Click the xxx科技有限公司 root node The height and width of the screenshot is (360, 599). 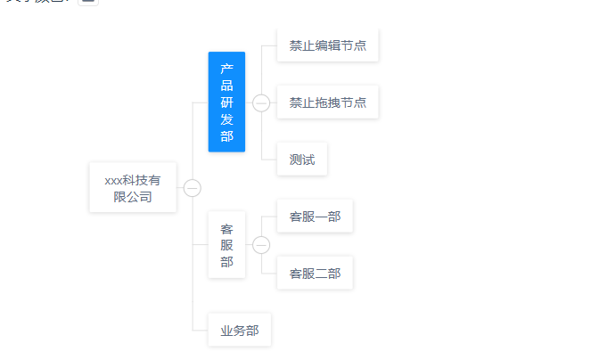(x=133, y=188)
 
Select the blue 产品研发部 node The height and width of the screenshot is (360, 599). (x=226, y=102)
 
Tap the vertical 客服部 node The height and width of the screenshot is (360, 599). (x=226, y=245)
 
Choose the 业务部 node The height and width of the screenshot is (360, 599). (x=240, y=331)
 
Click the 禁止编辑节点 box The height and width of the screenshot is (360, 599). (x=327, y=45)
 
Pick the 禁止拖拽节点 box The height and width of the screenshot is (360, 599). (x=327, y=102)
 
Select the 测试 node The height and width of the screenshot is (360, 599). (x=302, y=160)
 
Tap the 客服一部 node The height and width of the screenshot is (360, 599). (x=315, y=216)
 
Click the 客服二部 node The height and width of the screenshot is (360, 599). (x=315, y=274)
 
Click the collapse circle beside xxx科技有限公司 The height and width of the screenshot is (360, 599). (x=193, y=188)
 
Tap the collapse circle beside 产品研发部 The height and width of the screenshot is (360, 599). (x=261, y=102)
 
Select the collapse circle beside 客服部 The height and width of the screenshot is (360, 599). (x=261, y=245)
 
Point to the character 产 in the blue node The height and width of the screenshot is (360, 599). (x=226, y=69)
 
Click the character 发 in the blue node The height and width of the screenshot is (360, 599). (x=226, y=119)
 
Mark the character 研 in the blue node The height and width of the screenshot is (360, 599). (x=226, y=102)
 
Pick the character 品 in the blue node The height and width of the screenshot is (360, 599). (x=226, y=86)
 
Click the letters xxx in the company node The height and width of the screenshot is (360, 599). (x=114, y=180)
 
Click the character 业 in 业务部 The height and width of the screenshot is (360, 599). (x=227, y=331)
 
